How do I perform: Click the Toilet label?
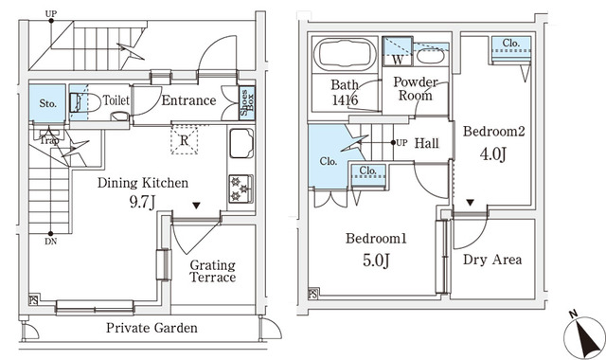(x=116, y=99)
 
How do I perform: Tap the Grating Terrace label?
(x=212, y=271)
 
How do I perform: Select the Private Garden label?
(x=151, y=328)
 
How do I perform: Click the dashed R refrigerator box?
(x=184, y=139)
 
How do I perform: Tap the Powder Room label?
(x=414, y=89)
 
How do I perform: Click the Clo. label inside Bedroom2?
(x=510, y=43)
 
